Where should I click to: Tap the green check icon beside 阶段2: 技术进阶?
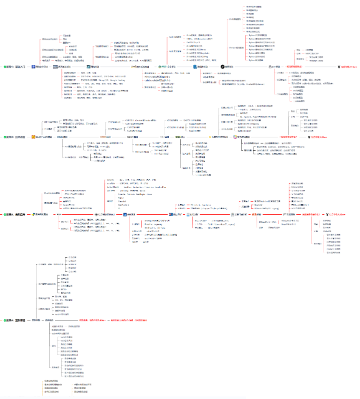pos(5,138)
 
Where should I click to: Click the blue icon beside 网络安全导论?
pos(33,67)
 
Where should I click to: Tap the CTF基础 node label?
pos(278,67)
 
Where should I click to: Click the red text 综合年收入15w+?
pos(348,67)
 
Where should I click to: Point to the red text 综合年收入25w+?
pos(318,138)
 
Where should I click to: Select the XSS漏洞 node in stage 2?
pos(62,138)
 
